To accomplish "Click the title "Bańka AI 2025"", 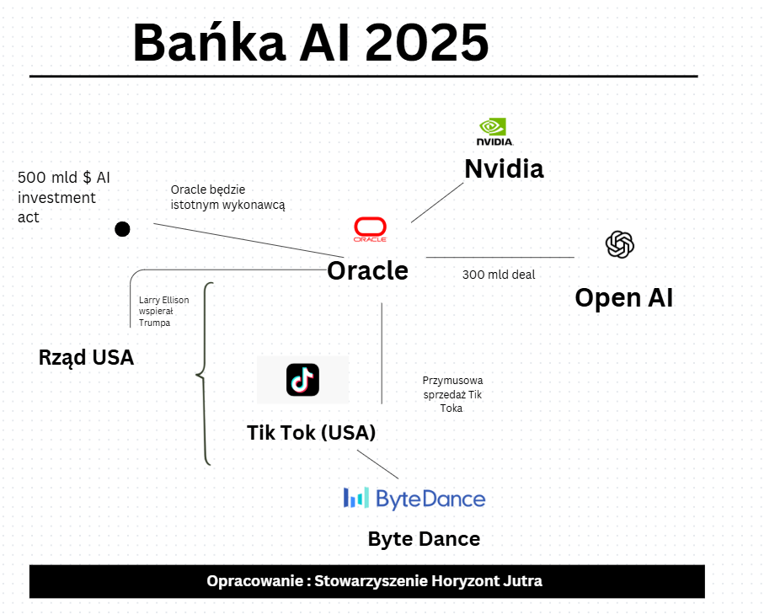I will pyautogui.click(x=310, y=42).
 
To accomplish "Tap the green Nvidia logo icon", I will pyautogui.click(x=494, y=131).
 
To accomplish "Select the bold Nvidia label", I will pyautogui.click(x=504, y=168).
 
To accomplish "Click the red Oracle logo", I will pyautogui.click(x=370, y=228).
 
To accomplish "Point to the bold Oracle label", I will pyautogui.click(x=367, y=270).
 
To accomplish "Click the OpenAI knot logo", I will pyautogui.click(x=620, y=245).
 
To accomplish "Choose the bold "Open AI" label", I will pyautogui.click(x=623, y=297).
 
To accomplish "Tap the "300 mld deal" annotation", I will pyautogui.click(x=499, y=275).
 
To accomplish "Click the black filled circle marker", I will pyautogui.click(x=122, y=228).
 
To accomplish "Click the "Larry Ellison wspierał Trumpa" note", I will pyautogui.click(x=163, y=311).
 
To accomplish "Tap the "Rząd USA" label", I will pyautogui.click(x=86, y=357).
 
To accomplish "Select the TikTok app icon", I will pyautogui.click(x=302, y=380).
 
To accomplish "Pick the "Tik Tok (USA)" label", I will pyautogui.click(x=311, y=433).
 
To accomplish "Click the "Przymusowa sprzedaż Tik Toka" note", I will pyautogui.click(x=452, y=394).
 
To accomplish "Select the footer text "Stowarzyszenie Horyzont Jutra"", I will pyautogui.click(x=428, y=581).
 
